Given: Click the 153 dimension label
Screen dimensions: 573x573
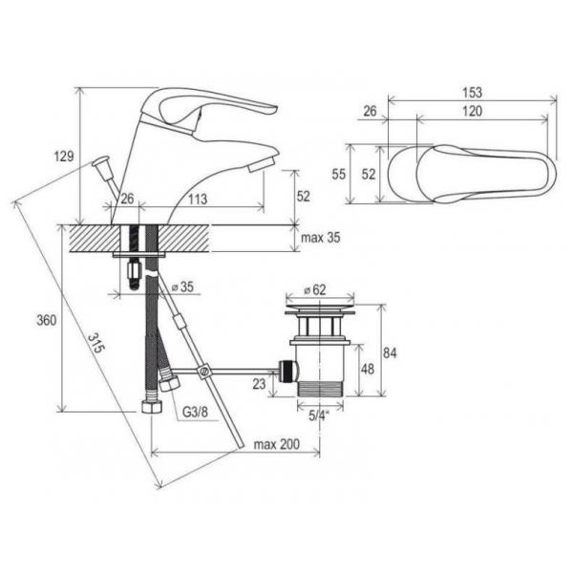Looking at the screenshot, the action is point(472,92).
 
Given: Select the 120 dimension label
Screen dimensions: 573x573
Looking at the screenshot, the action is point(472,111).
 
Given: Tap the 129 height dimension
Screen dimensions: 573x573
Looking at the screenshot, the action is point(64,157).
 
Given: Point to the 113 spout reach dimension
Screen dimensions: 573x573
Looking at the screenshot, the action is point(198,200).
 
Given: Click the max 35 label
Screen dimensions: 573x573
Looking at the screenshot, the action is point(321,238).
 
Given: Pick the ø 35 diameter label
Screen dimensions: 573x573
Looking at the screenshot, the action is point(182,286).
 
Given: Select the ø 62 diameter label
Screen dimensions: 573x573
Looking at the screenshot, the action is point(314,289).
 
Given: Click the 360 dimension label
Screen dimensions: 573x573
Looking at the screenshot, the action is point(47,321).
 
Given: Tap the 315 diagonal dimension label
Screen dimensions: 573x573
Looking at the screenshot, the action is point(96,343).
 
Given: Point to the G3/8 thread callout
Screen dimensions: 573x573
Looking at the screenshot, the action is point(195,413).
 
